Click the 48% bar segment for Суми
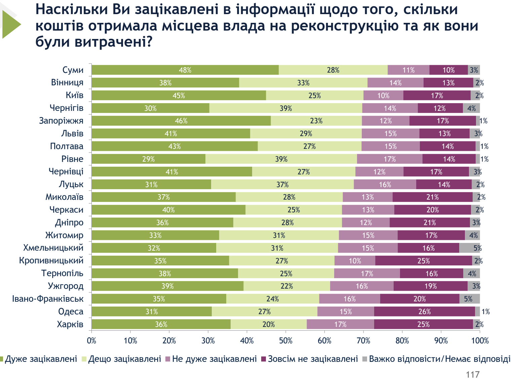tap(185, 70)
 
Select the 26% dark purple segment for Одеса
tap(424, 311)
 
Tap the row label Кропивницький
tap(51, 260)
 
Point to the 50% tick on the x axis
tap(286, 341)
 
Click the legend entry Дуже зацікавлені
tap(41, 359)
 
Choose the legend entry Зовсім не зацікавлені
tap(313, 359)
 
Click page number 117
tap(473, 374)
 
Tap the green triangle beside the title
tap(11, 24)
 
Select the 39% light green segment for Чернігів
tap(286, 108)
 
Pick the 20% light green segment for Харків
tap(269, 324)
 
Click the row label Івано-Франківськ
tap(48, 299)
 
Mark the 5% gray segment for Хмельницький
tap(469, 248)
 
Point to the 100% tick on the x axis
tap(480, 341)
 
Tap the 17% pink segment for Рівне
tap(390, 159)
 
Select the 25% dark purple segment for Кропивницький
tap(424, 261)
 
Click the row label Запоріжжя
tap(61, 121)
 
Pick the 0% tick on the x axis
tap(91, 341)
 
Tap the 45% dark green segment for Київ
tap(179, 95)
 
